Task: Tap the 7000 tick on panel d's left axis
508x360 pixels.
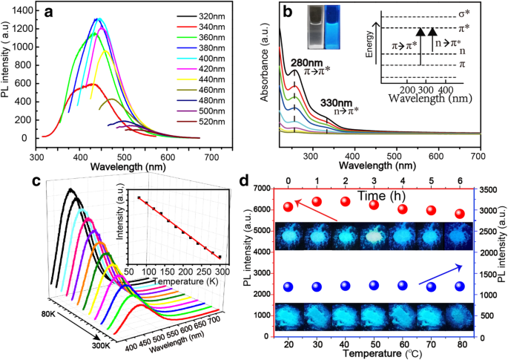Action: (x=260, y=189)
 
